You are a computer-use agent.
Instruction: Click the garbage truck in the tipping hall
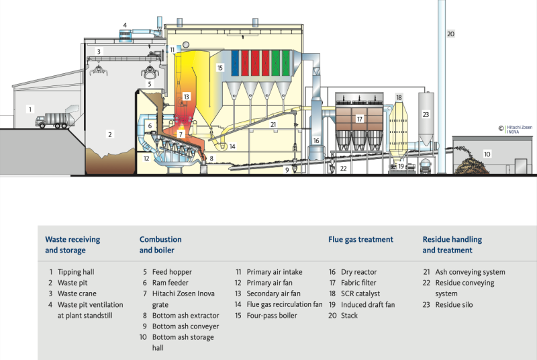(x=54, y=120)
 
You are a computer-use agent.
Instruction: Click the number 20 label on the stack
(x=450, y=34)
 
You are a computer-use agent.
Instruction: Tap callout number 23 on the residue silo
(x=426, y=114)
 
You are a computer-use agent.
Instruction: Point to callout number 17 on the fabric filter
(x=360, y=119)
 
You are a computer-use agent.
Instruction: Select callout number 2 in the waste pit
(x=109, y=134)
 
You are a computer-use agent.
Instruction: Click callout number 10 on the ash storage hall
(x=487, y=154)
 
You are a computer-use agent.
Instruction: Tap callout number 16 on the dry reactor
(x=316, y=140)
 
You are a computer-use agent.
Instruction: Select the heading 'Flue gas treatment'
(x=360, y=239)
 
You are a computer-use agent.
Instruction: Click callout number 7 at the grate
(x=180, y=134)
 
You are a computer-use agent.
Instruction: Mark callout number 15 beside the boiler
(x=219, y=68)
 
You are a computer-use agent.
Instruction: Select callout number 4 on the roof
(x=124, y=26)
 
